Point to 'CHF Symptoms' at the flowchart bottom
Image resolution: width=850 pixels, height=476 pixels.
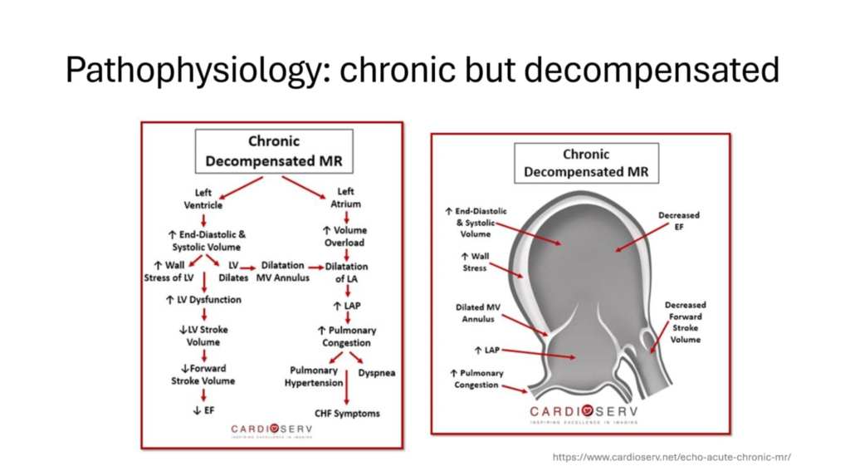(346, 413)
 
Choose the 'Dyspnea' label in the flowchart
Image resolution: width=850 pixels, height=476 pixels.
(376, 373)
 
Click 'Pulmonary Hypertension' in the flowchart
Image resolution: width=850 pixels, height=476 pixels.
(313, 376)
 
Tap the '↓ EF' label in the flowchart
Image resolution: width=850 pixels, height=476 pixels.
(203, 409)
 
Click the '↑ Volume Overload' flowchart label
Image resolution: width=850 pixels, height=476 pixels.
(344, 236)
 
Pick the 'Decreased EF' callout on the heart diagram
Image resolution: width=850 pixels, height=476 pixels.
(678, 220)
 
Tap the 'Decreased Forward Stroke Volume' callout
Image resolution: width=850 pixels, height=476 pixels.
(685, 322)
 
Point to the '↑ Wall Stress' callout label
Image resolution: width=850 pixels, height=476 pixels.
(474, 262)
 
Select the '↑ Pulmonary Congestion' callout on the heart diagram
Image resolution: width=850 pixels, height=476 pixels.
(475, 379)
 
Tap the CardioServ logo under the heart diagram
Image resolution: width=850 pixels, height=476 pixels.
(580, 412)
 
